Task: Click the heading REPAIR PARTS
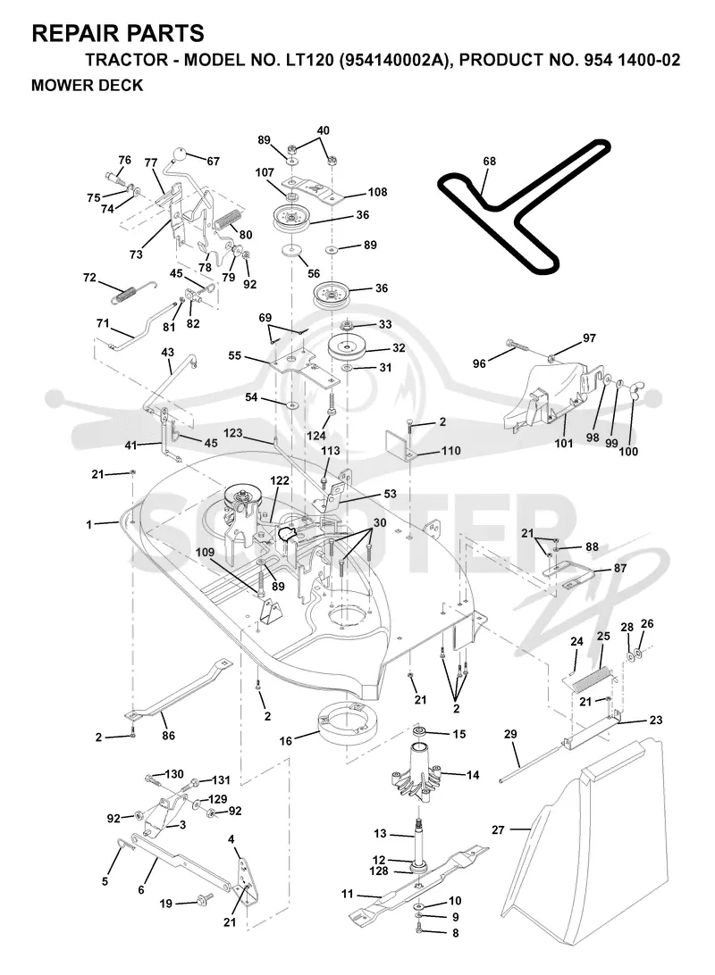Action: pyautogui.click(x=118, y=33)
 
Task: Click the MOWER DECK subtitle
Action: pyautogui.click(x=87, y=85)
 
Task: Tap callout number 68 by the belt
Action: pyautogui.click(x=490, y=161)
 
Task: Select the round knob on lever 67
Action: pyautogui.click(x=180, y=154)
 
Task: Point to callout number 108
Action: pyautogui.click(x=378, y=191)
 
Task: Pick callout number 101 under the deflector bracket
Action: pyautogui.click(x=564, y=443)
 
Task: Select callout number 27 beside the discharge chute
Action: pyautogui.click(x=498, y=829)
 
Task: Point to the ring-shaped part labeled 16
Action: pyautogui.click(x=343, y=723)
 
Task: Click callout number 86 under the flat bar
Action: pyautogui.click(x=168, y=735)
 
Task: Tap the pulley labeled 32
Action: pyautogui.click(x=348, y=347)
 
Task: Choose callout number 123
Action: pyautogui.click(x=232, y=433)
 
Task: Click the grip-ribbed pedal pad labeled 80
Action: pyautogui.click(x=226, y=221)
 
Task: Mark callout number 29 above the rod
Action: pyautogui.click(x=510, y=734)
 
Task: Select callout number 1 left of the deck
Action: pyautogui.click(x=89, y=524)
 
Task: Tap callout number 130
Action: pyautogui.click(x=173, y=773)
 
